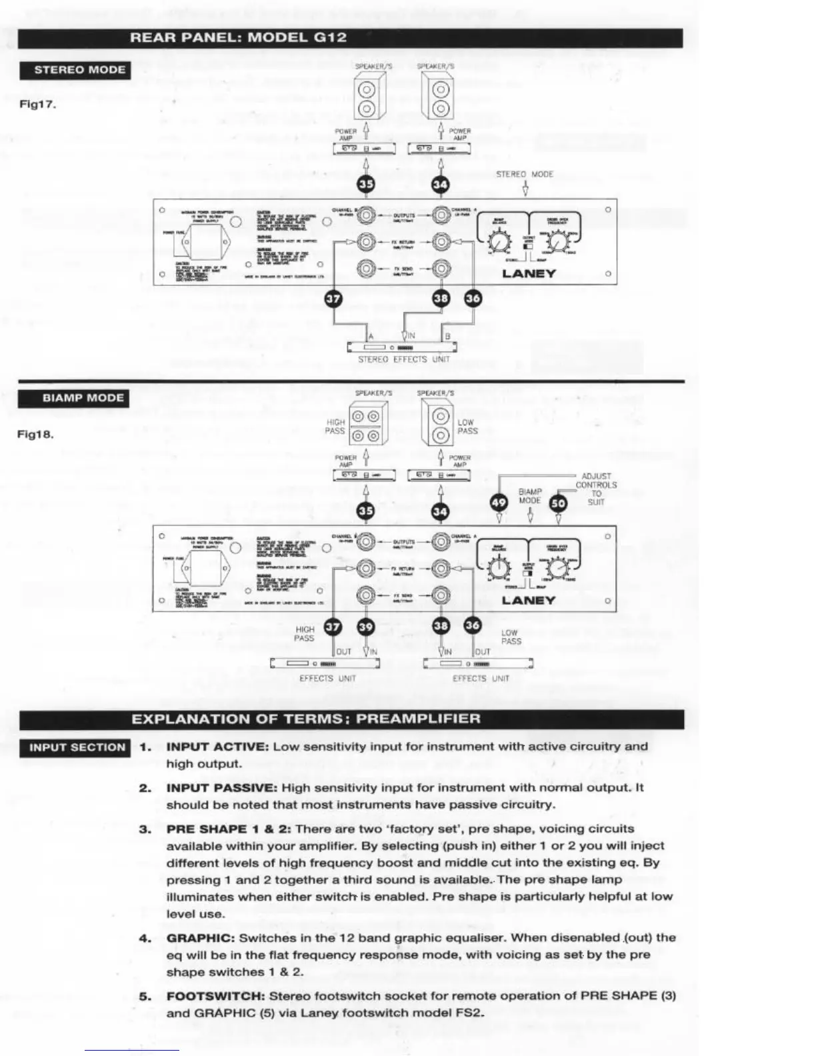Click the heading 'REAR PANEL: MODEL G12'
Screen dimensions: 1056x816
click(x=238, y=37)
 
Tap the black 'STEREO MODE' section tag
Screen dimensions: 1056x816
click(x=79, y=70)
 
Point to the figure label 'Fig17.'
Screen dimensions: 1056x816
click(x=37, y=105)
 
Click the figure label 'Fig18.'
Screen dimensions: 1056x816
click(x=35, y=434)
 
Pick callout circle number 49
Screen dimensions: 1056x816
click(x=499, y=503)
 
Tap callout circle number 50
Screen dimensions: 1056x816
click(x=558, y=503)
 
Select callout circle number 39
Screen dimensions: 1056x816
click(x=365, y=627)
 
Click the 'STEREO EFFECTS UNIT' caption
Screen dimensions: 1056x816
click(x=403, y=359)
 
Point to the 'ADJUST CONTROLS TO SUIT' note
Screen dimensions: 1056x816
click(x=596, y=489)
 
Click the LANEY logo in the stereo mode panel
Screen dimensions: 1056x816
click(x=529, y=274)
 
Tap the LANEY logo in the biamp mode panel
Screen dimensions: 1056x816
click(x=528, y=601)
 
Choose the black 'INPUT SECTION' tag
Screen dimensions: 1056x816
click(x=77, y=747)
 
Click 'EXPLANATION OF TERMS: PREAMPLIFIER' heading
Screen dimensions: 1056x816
click(x=305, y=719)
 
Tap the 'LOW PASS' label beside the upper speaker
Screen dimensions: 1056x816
click(x=467, y=427)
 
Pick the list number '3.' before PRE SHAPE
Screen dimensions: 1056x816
click(x=145, y=829)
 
